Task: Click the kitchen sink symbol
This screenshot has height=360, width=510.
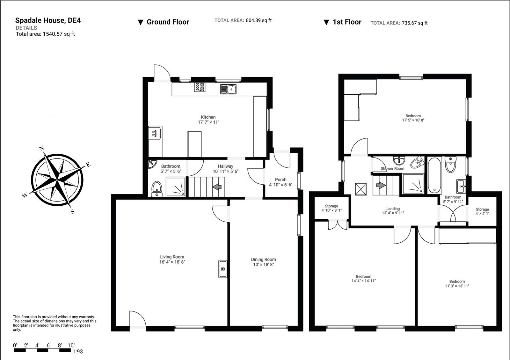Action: (x=228, y=89)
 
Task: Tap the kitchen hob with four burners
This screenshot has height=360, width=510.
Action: (x=200, y=87)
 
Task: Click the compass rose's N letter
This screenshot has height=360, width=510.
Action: (x=41, y=148)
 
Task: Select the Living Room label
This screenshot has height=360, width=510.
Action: (x=172, y=257)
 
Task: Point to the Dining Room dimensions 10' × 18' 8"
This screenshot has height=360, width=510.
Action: (x=263, y=264)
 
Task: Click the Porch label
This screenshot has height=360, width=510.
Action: (x=280, y=180)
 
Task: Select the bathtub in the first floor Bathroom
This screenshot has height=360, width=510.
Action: (x=434, y=175)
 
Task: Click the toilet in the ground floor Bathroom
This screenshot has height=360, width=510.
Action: (x=157, y=189)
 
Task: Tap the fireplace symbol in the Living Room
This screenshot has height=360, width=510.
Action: (x=223, y=269)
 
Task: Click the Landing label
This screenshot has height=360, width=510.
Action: (x=393, y=209)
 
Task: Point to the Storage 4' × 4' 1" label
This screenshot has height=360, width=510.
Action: (x=482, y=211)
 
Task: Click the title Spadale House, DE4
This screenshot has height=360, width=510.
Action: (x=48, y=20)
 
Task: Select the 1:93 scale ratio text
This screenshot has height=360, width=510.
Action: (x=77, y=351)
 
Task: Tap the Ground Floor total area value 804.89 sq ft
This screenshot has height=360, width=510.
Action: (x=259, y=20)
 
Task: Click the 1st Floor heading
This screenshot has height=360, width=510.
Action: (x=346, y=22)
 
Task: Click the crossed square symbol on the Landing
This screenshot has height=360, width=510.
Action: (x=361, y=188)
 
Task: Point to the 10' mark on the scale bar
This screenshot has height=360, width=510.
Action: (x=71, y=345)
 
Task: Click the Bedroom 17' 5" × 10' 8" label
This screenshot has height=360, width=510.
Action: (x=413, y=118)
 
